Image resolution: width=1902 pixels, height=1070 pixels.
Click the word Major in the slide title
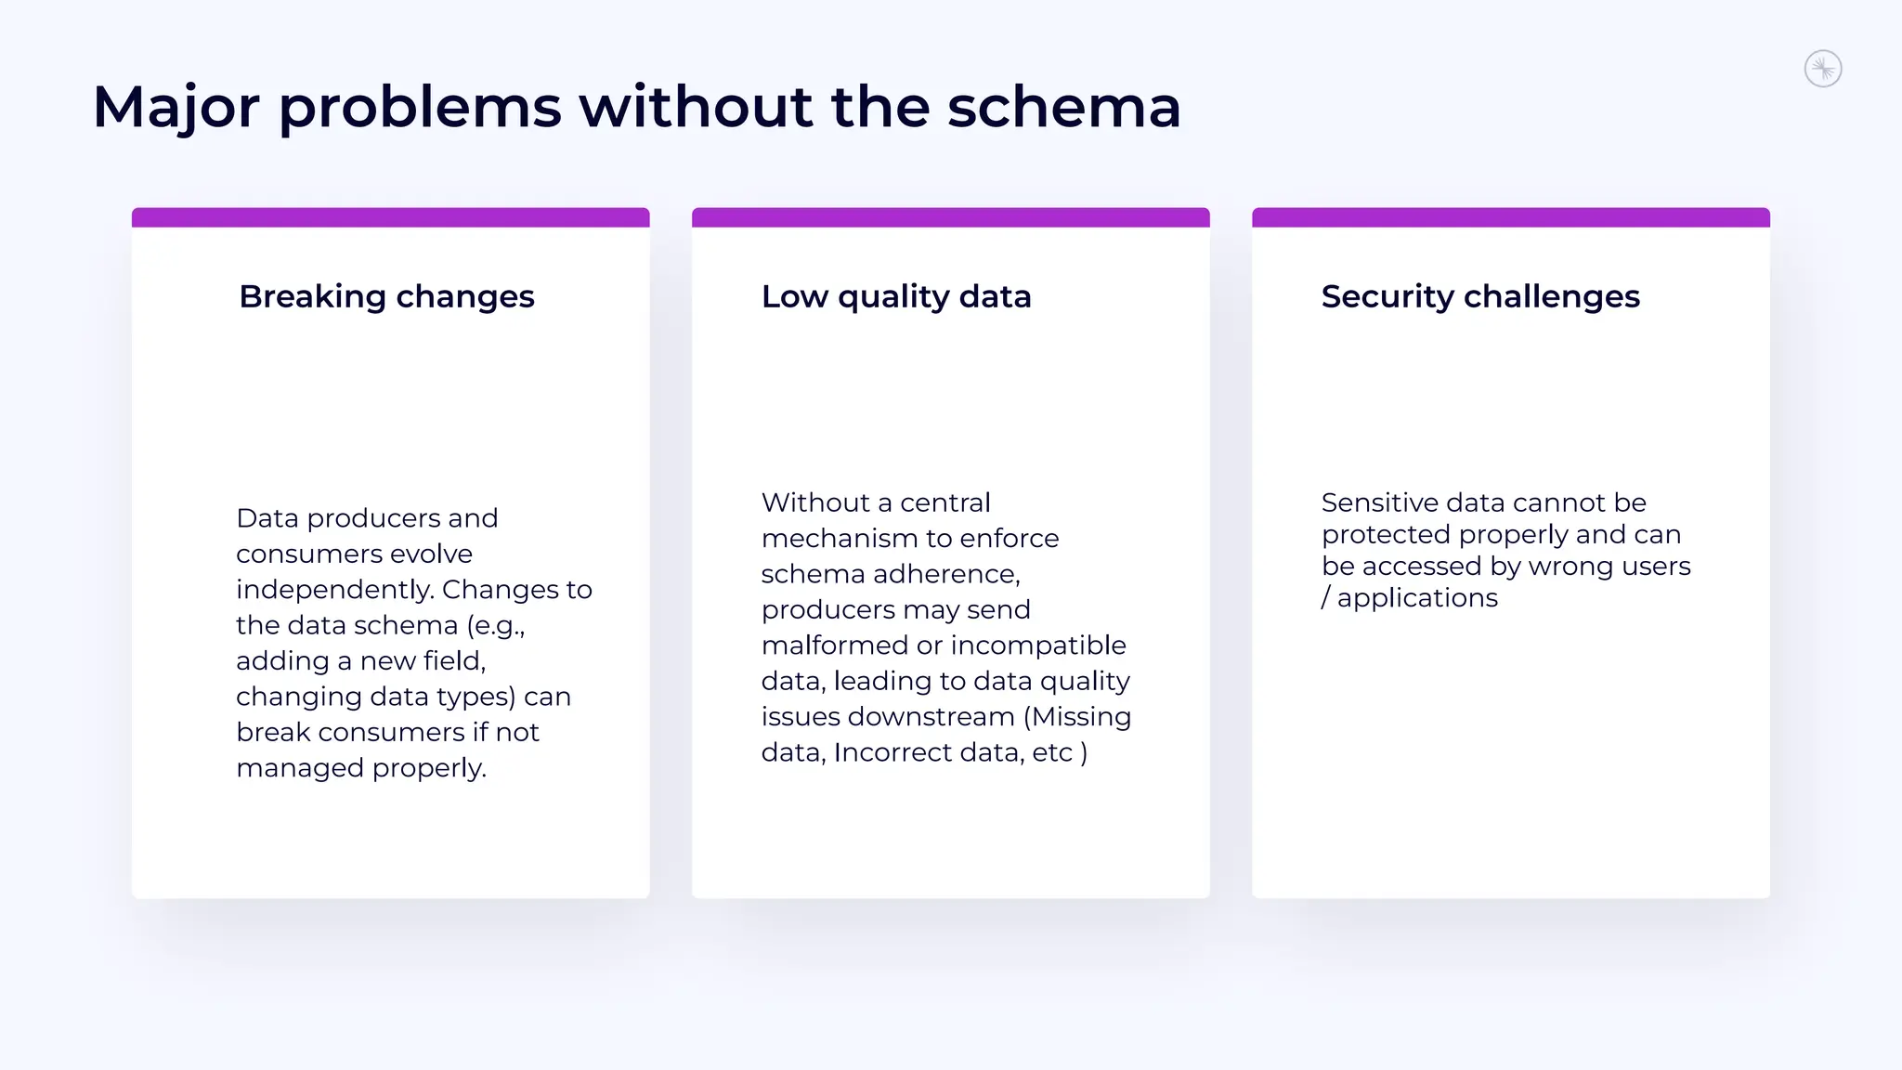tap(176, 108)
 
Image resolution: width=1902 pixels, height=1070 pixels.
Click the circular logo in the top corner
tap(1822, 69)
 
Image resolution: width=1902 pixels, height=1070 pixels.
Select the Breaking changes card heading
tap(386, 296)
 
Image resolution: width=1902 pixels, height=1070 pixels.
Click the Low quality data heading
tap(895, 296)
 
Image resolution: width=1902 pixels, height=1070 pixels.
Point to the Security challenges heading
tap(1480, 296)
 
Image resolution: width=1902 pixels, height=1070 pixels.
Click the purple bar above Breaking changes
tap(390, 217)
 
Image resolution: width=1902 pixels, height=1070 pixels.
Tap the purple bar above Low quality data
tap(950, 217)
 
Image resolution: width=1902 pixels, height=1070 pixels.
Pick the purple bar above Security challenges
tap(1510, 217)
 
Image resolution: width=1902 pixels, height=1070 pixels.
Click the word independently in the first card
tap(334, 591)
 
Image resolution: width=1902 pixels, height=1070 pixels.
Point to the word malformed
tap(834, 646)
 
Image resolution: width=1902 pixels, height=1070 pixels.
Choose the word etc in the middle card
tap(1051, 752)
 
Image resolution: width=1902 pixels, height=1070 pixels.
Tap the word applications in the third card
tap(1417, 598)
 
